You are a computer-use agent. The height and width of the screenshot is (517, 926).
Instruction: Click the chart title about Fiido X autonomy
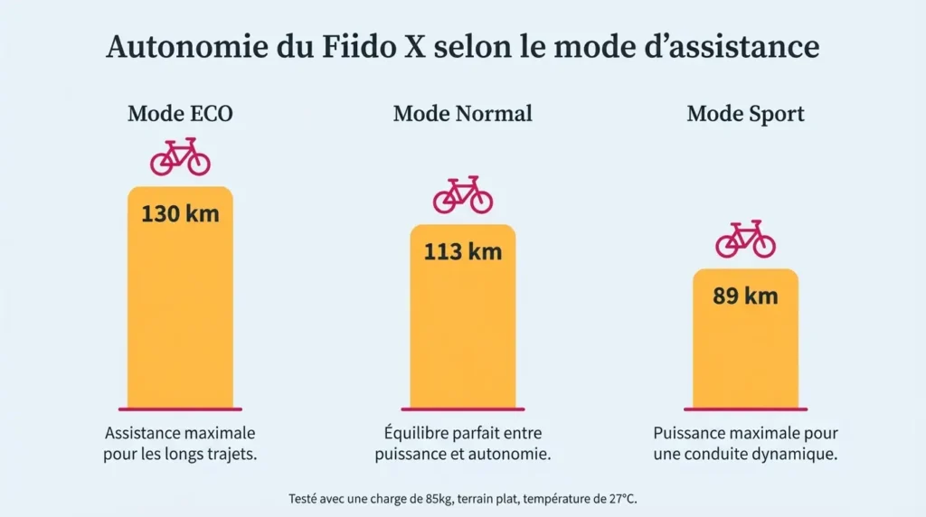tap(463, 47)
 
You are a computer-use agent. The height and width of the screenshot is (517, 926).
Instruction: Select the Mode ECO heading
tap(180, 114)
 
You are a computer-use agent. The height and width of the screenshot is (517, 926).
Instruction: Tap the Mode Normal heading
tap(462, 114)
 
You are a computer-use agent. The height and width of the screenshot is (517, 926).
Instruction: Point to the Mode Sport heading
tap(745, 114)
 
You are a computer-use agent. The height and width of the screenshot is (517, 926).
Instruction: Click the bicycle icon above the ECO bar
tap(180, 157)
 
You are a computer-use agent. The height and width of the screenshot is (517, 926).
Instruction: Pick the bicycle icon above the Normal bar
tap(462, 195)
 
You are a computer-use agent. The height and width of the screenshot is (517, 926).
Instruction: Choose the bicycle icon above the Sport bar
tap(745, 240)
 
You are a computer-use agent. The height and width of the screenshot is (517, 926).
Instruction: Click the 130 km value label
tap(180, 215)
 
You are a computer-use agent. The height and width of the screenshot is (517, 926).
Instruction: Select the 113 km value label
tap(462, 251)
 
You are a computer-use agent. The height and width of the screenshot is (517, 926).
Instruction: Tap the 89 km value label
tap(745, 296)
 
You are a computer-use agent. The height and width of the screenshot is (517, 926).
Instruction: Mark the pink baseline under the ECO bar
tap(180, 409)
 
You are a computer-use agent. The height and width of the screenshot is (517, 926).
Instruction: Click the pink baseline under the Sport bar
tap(745, 409)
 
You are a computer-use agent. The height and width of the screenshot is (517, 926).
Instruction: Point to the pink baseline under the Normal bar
tap(462, 409)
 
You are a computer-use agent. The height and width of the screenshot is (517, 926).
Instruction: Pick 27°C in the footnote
tap(619, 498)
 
